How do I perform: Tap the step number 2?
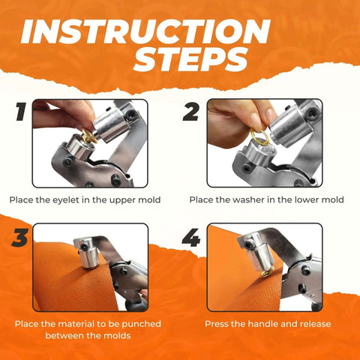(x=191, y=113)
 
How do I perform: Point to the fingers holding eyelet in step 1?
(x=56, y=116)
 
